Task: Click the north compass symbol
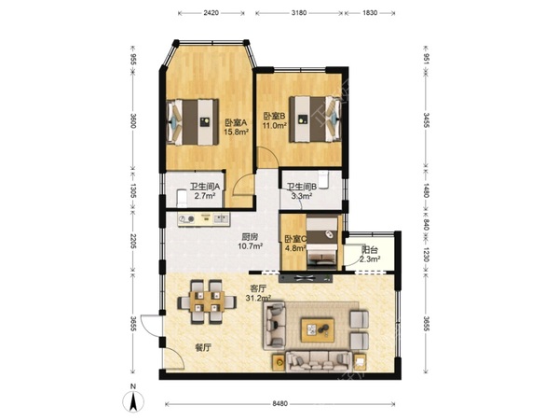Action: click(x=133, y=400)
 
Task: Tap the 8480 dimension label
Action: click(x=279, y=404)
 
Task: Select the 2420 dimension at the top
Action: click(x=211, y=13)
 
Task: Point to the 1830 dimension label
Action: click(x=370, y=13)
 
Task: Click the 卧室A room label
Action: click(x=236, y=122)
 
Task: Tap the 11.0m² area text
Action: click(x=275, y=125)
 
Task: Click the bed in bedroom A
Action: click(x=193, y=122)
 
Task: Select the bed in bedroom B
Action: click(x=315, y=119)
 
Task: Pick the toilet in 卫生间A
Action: click(x=182, y=199)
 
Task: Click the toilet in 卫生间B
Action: click(x=323, y=179)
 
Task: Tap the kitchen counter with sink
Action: click(x=204, y=219)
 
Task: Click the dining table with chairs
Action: click(x=207, y=301)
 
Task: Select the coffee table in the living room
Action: click(x=318, y=330)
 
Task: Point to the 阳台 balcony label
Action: click(x=369, y=250)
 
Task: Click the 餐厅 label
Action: click(x=202, y=347)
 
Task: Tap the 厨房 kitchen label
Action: click(x=250, y=237)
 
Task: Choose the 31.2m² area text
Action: click(x=258, y=297)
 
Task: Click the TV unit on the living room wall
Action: click(x=306, y=278)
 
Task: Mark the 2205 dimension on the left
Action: click(x=133, y=242)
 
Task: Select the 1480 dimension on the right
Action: click(x=427, y=189)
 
